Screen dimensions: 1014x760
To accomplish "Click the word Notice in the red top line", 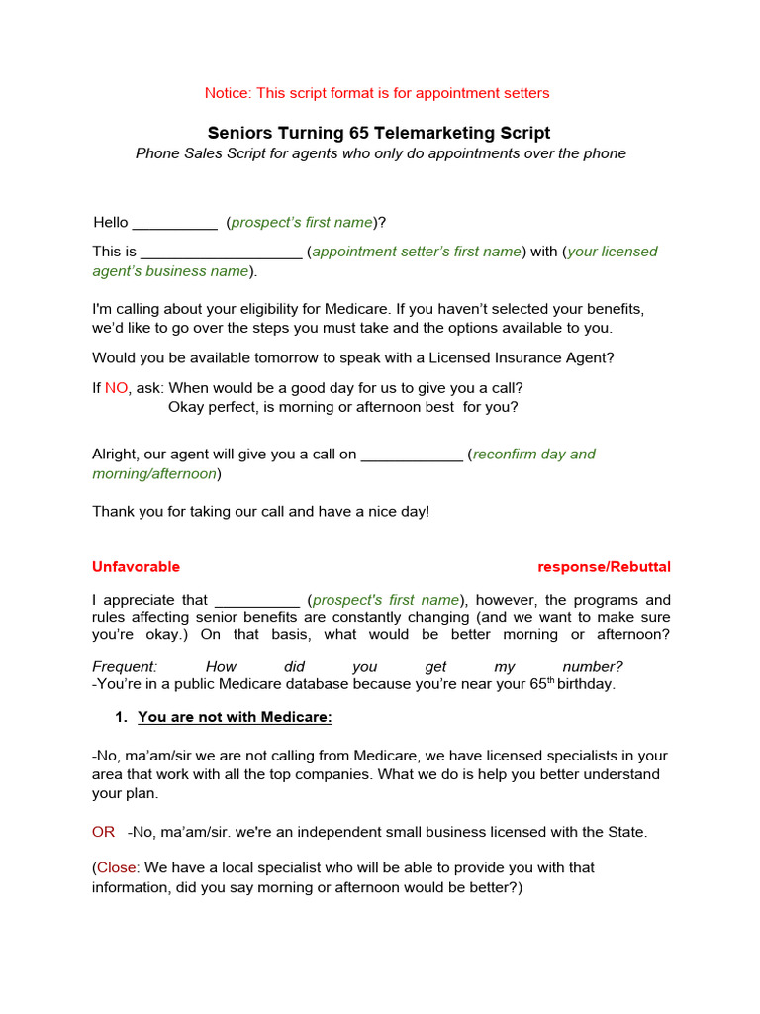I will click(x=228, y=93).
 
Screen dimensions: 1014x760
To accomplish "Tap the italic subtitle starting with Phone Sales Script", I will click(x=380, y=153).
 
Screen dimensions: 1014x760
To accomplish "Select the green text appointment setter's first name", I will click(x=417, y=252).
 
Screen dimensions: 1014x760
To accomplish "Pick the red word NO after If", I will click(x=117, y=388).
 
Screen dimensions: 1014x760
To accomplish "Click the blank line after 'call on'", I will click(x=412, y=455).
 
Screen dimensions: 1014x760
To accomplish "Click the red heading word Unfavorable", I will click(x=136, y=567).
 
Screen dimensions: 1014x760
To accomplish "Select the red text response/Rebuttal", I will click(x=604, y=567).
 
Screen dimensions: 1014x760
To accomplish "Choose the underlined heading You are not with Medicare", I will click(x=235, y=717).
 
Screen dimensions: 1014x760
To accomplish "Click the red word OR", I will click(x=104, y=832).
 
